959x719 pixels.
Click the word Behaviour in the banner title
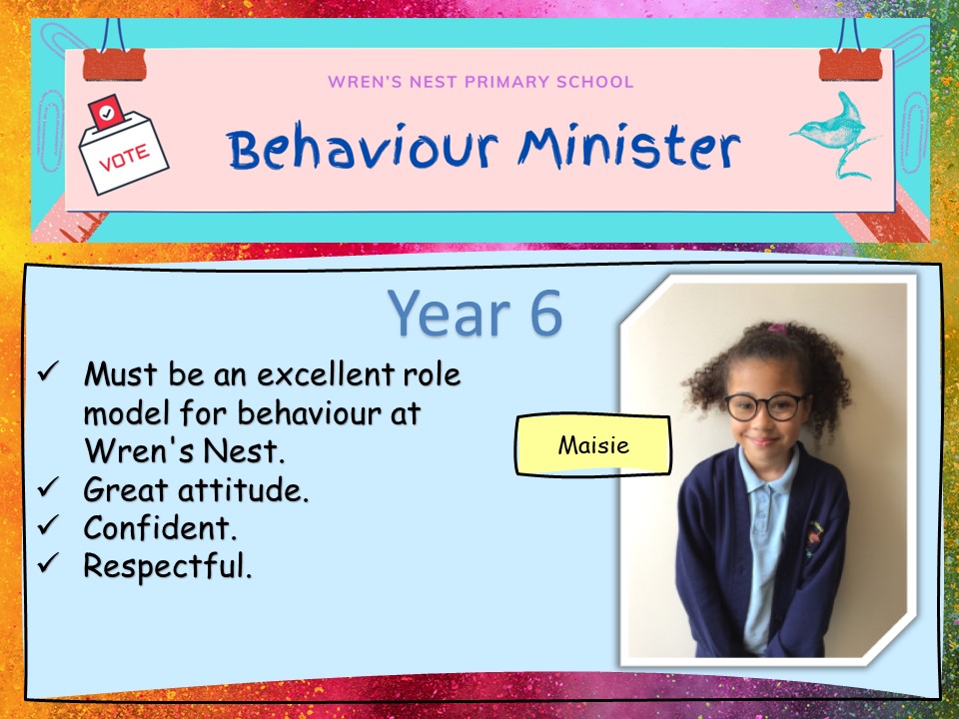click(363, 148)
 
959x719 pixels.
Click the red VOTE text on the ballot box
click(124, 158)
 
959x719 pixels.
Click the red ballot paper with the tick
click(106, 111)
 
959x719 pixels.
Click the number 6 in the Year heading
click(545, 313)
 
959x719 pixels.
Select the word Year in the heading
click(450, 313)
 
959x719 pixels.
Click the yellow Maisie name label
click(593, 445)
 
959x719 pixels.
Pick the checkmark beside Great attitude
click(48, 487)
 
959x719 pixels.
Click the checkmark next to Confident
click(48, 525)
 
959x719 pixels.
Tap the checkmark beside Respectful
click(48, 563)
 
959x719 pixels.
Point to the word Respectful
click(168, 566)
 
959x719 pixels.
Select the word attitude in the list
click(243, 489)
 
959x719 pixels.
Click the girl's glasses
click(765, 407)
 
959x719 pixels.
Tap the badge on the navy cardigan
click(813, 538)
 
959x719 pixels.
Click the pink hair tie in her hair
click(778, 330)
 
